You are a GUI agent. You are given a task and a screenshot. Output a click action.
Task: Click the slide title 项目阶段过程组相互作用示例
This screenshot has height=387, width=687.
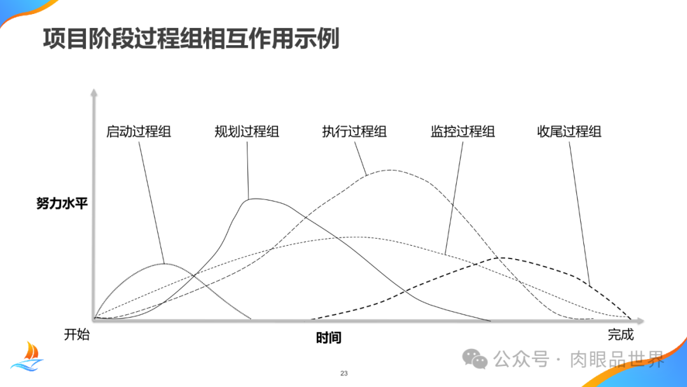191,39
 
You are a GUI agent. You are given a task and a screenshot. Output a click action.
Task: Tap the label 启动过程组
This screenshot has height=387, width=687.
139,132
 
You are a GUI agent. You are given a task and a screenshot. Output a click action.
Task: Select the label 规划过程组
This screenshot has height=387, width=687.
247,132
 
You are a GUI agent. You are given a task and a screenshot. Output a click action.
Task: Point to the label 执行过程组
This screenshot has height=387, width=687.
354,132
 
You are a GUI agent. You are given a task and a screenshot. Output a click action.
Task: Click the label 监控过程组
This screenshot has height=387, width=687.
462,132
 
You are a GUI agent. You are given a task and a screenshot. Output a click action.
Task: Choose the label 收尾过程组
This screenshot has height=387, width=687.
569,132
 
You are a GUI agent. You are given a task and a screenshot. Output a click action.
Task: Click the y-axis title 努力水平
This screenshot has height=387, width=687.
62,204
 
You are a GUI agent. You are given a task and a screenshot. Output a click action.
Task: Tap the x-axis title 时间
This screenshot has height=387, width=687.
329,338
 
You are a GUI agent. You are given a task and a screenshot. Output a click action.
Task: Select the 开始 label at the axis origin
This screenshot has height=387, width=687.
77,335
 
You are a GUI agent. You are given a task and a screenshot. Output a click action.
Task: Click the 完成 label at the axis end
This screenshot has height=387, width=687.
621,335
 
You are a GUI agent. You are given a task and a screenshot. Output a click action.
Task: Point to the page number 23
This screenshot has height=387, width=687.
344,373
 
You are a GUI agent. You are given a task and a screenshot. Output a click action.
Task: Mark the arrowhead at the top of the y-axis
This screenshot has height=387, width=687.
94,93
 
